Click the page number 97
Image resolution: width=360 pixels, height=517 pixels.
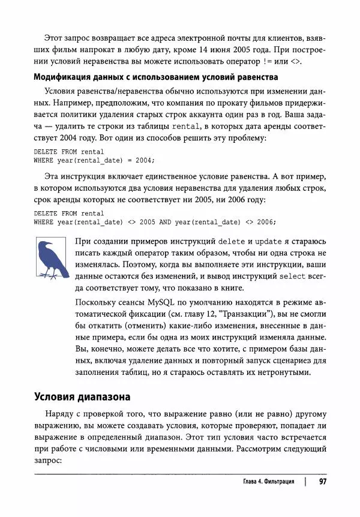pos(322,482)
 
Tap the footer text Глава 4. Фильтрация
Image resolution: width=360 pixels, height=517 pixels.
pos(268,482)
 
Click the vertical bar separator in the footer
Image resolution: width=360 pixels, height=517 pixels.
pos(305,482)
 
